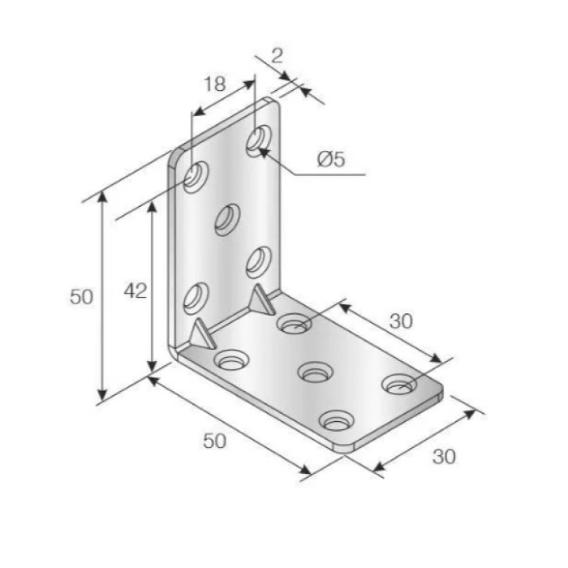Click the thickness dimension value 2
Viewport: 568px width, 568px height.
tap(277, 56)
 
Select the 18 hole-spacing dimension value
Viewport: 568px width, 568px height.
tap(215, 84)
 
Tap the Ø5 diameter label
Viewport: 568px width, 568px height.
tap(331, 159)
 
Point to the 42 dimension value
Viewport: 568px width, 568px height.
tap(136, 290)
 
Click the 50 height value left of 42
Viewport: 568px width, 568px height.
tap(81, 297)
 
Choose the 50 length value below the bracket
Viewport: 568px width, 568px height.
tap(214, 441)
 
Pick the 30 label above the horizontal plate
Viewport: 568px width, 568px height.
tap(401, 321)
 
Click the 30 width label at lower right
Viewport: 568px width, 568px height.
tap(444, 457)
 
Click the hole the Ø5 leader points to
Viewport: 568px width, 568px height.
tap(259, 141)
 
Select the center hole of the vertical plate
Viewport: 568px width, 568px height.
tap(227, 220)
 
